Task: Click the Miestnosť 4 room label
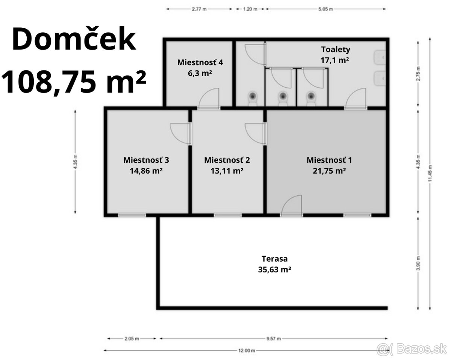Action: tap(200, 62)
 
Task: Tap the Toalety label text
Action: tap(335, 49)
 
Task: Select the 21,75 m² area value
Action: tap(329, 171)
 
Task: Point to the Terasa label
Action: tap(275, 259)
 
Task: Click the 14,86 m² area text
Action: tap(146, 171)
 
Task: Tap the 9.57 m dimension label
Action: tap(273, 338)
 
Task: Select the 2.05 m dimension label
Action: tap(132, 338)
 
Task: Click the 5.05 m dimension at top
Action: tap(326, 9)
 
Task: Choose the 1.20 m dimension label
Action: tap(250, 9)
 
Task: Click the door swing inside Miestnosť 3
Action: tap(181, 133)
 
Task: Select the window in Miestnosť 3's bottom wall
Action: tap(132, 215)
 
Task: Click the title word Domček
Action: tap(74, 40)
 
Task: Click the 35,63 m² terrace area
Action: tap(275, 269)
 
